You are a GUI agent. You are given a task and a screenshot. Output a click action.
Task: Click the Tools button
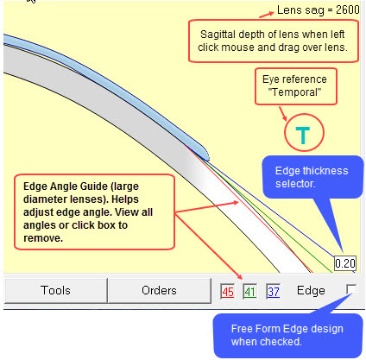[55, 290]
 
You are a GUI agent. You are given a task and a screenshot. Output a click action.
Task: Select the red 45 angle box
[228, 292]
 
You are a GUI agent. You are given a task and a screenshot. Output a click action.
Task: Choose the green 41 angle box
[249, 292]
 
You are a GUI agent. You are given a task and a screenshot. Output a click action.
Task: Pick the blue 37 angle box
[274, 292]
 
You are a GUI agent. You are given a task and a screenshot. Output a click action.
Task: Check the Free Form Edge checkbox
[351, 289]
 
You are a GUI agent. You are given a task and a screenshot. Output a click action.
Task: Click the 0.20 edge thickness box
[345, 263]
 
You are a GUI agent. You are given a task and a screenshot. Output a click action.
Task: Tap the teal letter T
[303, 136]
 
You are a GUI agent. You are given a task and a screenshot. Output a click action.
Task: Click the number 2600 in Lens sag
[348, 10]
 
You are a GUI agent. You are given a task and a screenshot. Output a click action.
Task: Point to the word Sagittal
[218, 35]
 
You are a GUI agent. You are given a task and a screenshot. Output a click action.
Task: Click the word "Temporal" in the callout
[294, 92]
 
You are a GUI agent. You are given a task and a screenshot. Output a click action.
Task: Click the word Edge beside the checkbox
[311, 291]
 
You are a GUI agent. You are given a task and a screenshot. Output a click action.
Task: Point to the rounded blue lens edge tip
[205, 155]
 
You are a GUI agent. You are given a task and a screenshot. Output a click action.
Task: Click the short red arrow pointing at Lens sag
[267, 15]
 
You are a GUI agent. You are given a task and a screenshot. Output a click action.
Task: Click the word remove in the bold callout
[43, 238]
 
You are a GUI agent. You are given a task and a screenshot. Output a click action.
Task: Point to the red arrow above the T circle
[283, 114]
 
